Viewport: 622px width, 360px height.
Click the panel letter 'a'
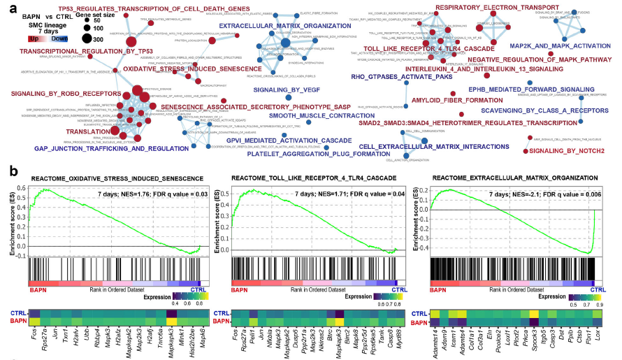pos(7,9)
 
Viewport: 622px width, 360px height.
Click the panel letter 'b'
pos(7,170)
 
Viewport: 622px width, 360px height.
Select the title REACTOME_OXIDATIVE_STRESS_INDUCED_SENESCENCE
pos(116,179)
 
